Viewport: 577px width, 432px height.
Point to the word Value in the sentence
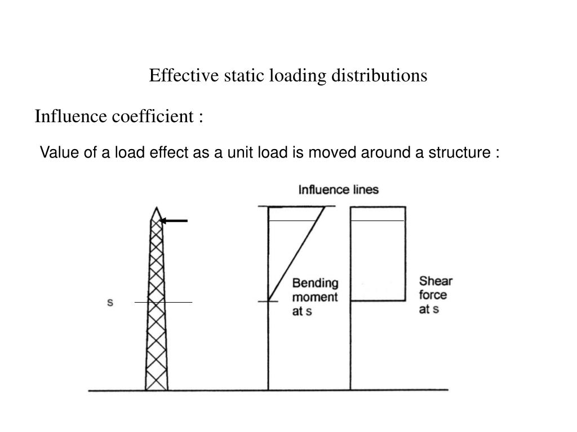[x=55, y=152]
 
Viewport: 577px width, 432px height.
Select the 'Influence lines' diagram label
[x=338, y=190]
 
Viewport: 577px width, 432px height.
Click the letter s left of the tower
[x=110, y=303]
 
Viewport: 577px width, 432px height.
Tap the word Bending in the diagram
[x=315, y=283]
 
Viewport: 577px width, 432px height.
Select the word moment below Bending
[x=315, y=297]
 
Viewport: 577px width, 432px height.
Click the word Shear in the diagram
[x=436, y=281]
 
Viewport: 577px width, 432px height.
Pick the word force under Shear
[x=433, y=295]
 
